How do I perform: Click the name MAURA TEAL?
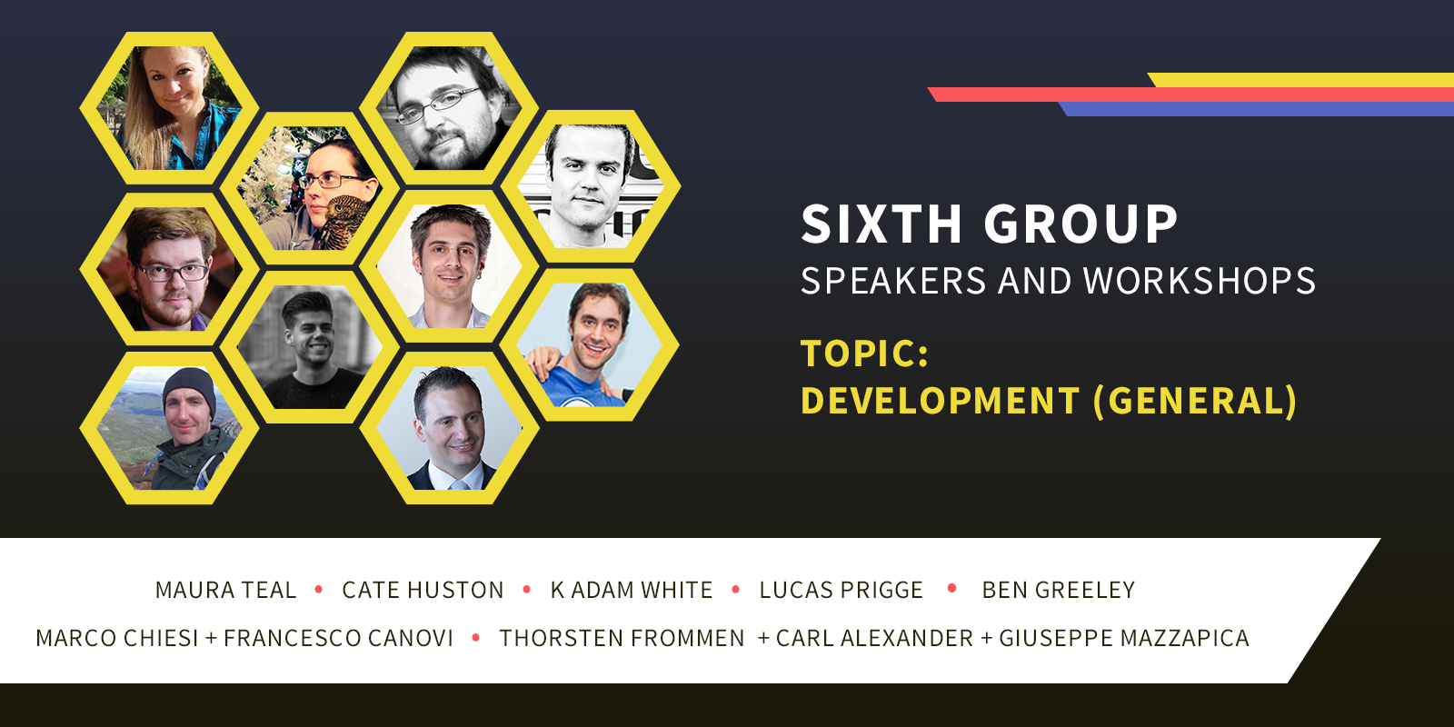coord(226,590)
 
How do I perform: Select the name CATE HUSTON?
coord(423,590)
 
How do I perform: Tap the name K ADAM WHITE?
coord(632,590)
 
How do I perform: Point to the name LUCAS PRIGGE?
coord(842,590)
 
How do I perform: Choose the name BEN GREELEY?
coord(1058,590)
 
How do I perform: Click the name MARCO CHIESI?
coord(117,638)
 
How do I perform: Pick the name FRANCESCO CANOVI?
coord(338,638)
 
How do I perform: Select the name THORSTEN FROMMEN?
coord(622,638)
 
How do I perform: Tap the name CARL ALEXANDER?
coord(874,638)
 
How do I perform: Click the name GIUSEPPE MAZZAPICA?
coord(1124,638)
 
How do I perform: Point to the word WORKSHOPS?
coord(1200,281)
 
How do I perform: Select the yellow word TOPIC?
coord(865,354)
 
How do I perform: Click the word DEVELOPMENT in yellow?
coord(941,400)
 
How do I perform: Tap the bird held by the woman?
coord(343,222)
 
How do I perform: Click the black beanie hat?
coord(189,388)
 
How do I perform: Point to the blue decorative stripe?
coord(1256,109)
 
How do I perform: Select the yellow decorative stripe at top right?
coord(1300,80)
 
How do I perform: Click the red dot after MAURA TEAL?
coord(319,590)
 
